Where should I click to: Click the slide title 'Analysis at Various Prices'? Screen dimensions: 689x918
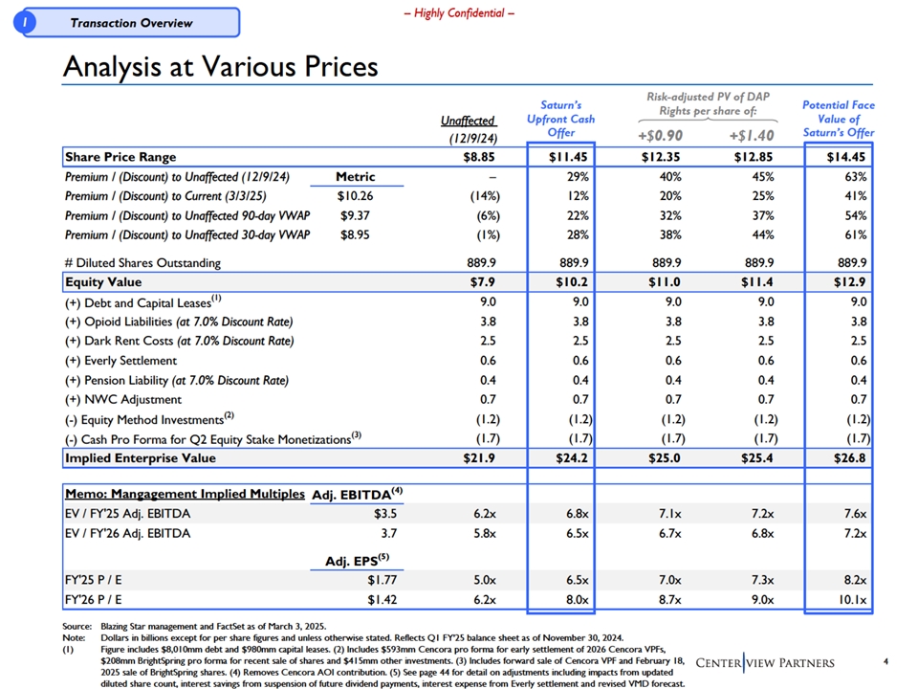[220, 67]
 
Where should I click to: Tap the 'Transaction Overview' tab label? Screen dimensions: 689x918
[131, 23]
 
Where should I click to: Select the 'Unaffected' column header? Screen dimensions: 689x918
[469, 121]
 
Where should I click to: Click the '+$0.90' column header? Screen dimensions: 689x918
[660, 134]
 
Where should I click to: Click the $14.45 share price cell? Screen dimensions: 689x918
[846, 156]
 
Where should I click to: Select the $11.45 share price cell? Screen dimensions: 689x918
[567, 156]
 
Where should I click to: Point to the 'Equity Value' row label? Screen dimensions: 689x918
[103, 282]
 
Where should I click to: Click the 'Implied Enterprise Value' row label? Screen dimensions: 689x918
[140, 458]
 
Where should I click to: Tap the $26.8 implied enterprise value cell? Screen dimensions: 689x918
[849, 458]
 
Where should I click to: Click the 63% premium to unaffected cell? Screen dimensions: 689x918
[854, 177]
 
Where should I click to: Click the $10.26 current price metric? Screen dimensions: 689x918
[356, 196]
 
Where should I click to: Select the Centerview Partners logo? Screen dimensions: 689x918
[765, 663]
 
